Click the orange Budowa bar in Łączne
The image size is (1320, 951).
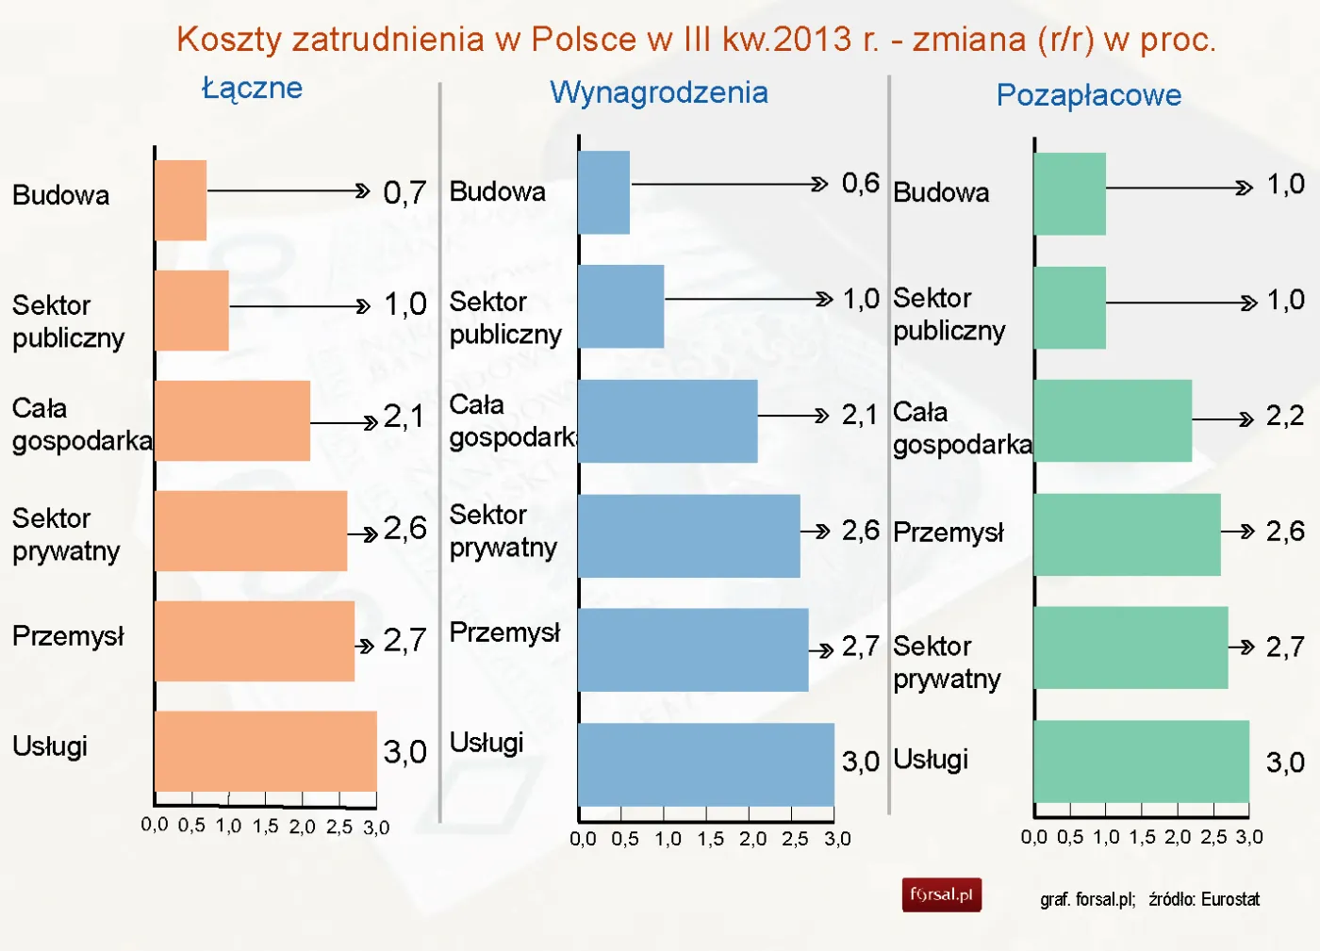[180, 200]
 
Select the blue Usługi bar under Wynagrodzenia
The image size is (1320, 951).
[705, 763]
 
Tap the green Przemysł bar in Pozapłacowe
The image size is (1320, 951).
[1127, 534]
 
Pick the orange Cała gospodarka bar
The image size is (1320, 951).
[232, 420]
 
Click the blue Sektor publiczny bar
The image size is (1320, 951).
[620, 306]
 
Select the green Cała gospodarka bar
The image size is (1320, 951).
[1113, 420]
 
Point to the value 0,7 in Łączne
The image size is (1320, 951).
[404, 193]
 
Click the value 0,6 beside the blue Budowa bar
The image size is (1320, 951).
[860, 184]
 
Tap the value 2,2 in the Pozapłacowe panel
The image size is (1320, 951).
[1284, 416]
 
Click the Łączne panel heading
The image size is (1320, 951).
[253, 89]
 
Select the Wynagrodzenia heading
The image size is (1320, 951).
[659, 92]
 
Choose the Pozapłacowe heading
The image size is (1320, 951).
[1088, 95]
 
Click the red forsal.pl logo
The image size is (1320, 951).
[941, 894]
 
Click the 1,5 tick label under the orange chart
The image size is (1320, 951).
[265, 827]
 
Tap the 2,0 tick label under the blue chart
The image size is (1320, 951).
[752, 839]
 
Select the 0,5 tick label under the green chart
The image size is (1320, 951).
[1069, 837]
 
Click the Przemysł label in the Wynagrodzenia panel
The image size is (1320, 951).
[504, 632]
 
